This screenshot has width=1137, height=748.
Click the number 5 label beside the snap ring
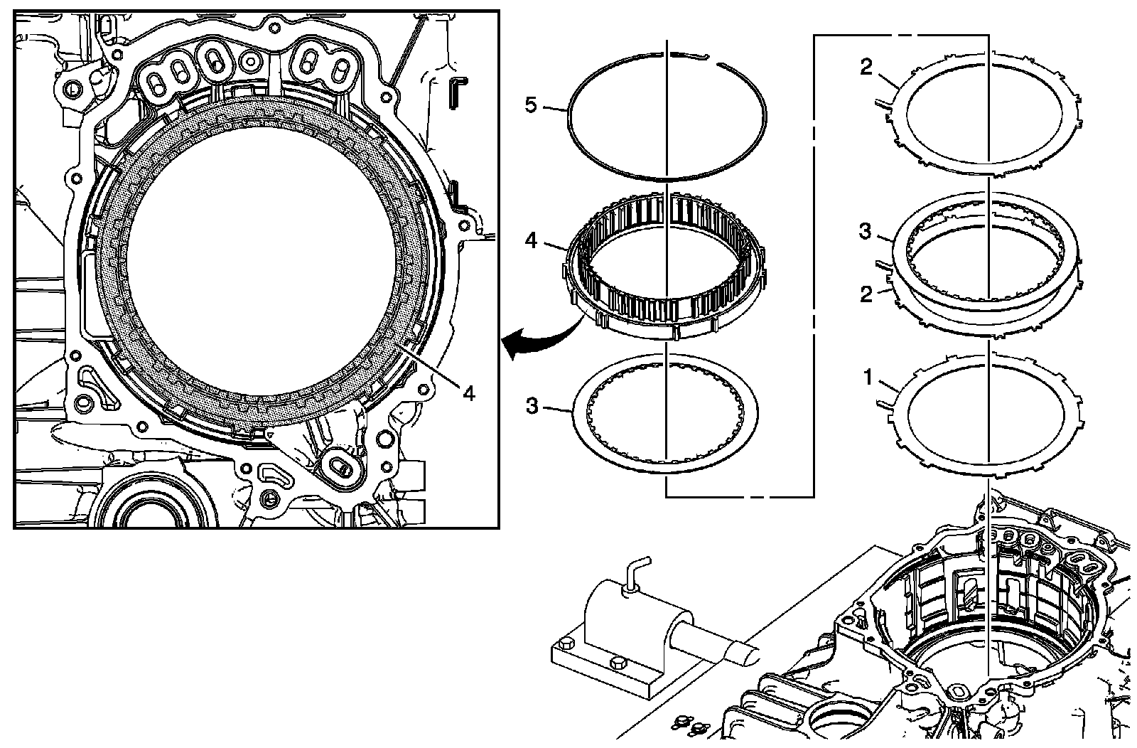(x=529, y=105)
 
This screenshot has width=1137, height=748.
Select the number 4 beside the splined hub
(x=530, y=240)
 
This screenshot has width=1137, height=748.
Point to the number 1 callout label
(x=868, y=378)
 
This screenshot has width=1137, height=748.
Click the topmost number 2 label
(x=866, y=68)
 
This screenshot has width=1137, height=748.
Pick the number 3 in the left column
(x=531, y=406)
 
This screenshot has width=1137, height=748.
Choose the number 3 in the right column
(x=866, y=233)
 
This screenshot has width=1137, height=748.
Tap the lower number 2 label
(x=866, y=293)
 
